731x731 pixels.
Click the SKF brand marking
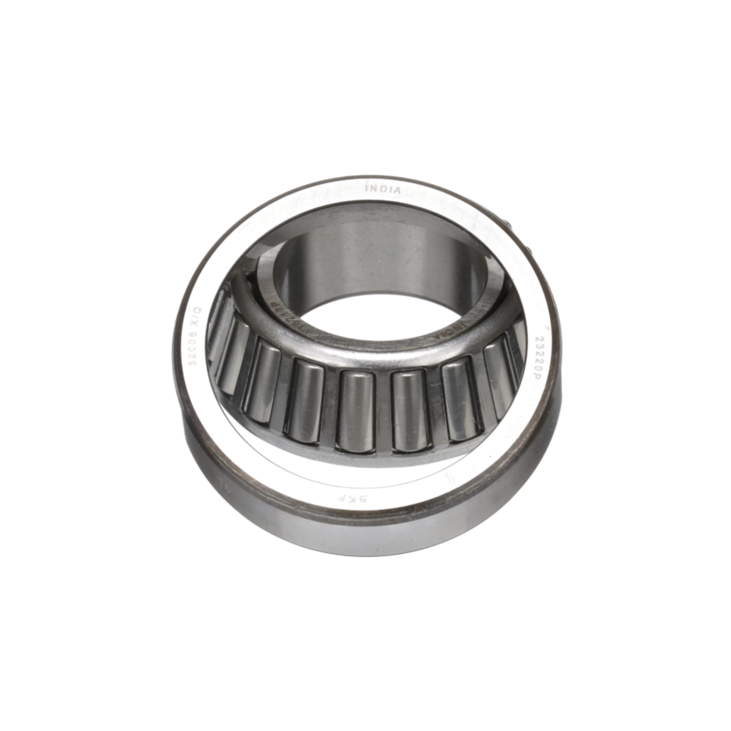(358, 499)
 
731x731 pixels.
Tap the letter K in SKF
(359, 499)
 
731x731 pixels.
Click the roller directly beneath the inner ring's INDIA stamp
(459, 400)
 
